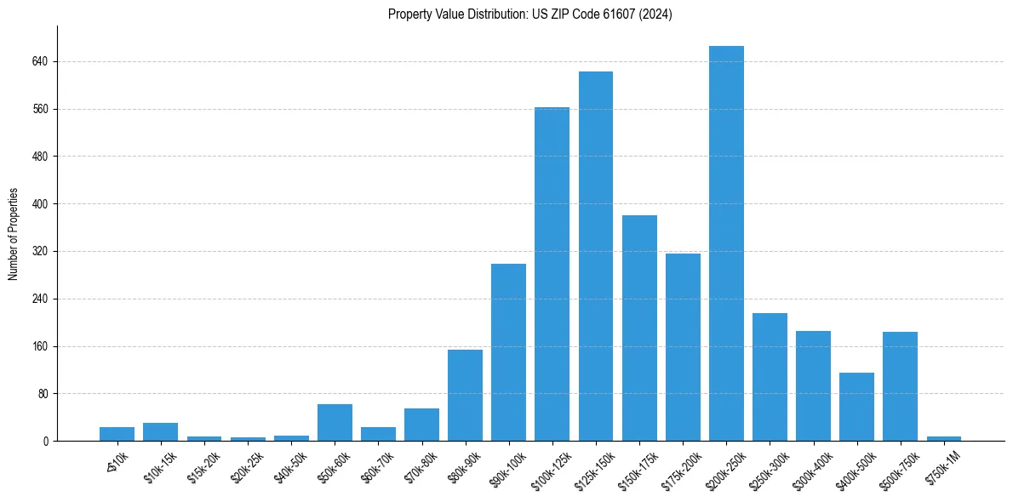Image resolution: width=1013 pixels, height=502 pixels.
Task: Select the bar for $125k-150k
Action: pyautogui.click(x=596, y=256)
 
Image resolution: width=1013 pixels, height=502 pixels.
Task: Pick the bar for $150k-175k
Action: pyautogui.click(x=639, y=328)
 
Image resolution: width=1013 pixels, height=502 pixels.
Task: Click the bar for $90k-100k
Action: pyautogui.click(x=508, y=352)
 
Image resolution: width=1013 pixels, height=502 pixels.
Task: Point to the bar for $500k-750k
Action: pyautogui.click(x=900, y=386)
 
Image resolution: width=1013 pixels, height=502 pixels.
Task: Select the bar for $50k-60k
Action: pyautogui.click(x=335, y=422)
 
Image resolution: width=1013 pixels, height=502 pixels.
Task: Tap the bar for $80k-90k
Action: pyautogui.click(x=465, y=395)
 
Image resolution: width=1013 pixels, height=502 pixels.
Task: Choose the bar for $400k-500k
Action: pyautogui.click(x=856, y=407)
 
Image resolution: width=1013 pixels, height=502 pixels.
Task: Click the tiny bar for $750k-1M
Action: pyautogui.click(x=943, y=438)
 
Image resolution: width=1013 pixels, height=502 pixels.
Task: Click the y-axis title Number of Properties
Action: pyautogui.click(x=14, y=233)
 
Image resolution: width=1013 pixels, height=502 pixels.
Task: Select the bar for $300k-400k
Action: pyautogui.click(x=813, y=385)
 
